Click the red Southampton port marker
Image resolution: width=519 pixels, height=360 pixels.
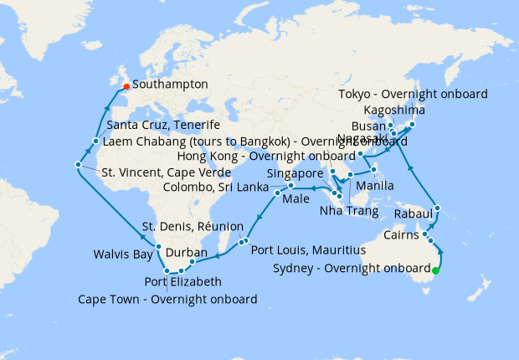pos(126,85)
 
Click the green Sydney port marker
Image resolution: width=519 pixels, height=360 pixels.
pos(435,270)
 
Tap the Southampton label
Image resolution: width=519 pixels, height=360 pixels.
pos(171,85)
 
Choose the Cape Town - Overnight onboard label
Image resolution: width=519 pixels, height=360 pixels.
pos(167,299)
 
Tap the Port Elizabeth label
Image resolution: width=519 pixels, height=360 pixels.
pos(183,282)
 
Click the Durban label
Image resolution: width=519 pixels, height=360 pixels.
pos(187,252)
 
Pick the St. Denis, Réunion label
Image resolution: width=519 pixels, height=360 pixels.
pos(193,227)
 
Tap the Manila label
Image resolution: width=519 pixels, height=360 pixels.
pos(375,185)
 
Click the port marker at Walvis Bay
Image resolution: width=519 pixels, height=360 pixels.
pos(158,247)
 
